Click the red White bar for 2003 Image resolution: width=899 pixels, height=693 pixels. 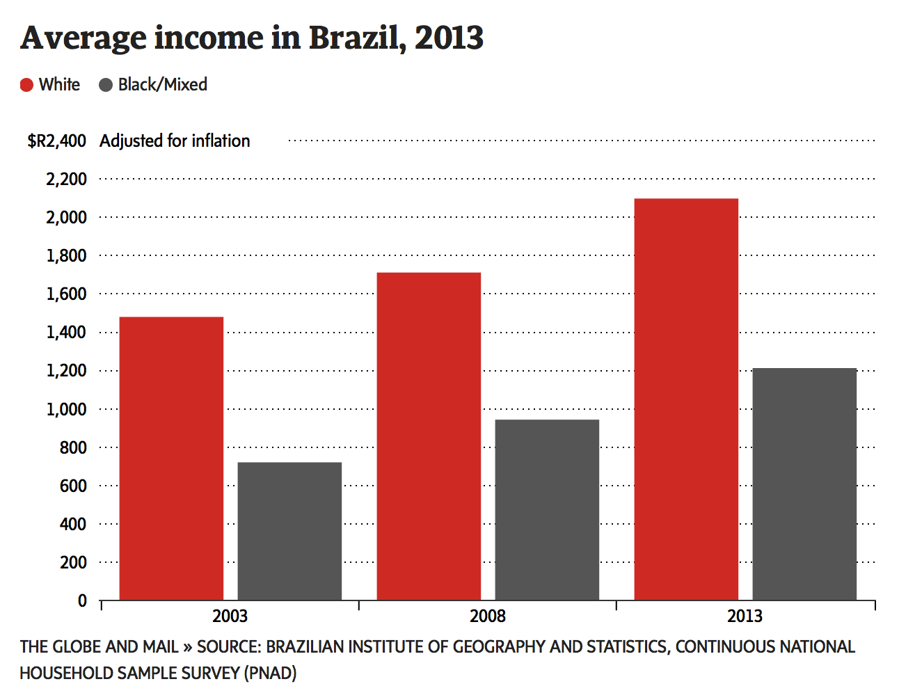171,459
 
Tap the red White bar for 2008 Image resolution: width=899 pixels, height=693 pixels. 429,436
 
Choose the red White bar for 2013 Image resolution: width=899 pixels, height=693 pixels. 686,399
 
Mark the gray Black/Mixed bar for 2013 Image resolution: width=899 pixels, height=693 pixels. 804,484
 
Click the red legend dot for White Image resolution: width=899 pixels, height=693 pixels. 27,85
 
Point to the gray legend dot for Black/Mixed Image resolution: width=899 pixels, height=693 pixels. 106,85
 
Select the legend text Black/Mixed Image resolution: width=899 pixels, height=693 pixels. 163,85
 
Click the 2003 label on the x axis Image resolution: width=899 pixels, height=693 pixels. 230,616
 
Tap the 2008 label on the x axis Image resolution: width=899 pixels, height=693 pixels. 487,616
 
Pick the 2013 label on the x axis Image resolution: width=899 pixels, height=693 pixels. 745,616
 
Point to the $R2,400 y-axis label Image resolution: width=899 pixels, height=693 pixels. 57,141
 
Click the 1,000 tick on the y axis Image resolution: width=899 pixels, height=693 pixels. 67,410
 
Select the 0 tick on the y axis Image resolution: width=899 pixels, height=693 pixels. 82,601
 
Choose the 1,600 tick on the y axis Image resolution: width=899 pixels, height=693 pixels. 67,294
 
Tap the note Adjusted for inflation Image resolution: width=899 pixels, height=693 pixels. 175,141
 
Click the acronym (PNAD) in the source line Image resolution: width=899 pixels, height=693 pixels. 270,674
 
